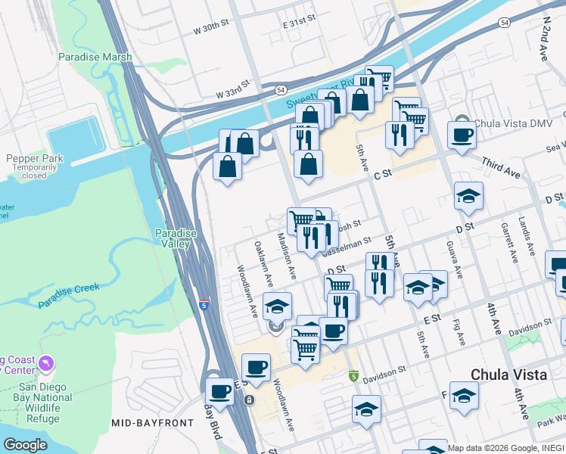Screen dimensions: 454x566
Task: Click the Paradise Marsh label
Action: point(95,57)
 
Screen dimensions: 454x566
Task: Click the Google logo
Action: point(24,444)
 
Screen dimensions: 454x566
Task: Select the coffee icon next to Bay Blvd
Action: point(219,391)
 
